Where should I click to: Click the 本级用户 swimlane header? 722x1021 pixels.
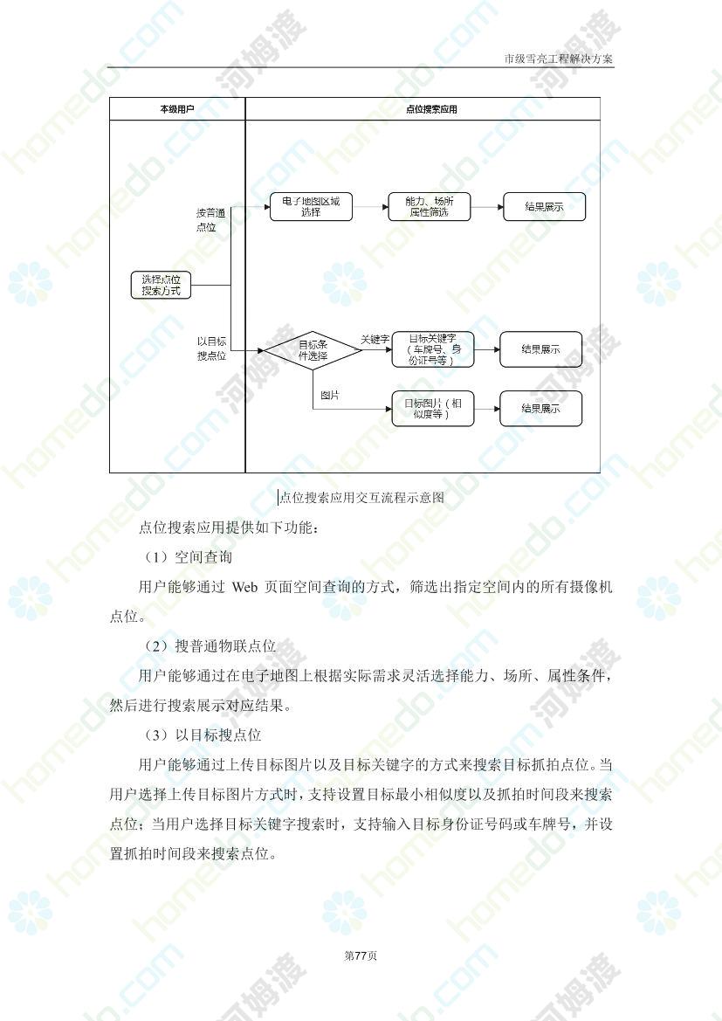(177, 109)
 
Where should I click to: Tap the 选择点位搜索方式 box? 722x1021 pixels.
(161, 286)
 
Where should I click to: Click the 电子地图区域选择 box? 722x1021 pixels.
(311, 206)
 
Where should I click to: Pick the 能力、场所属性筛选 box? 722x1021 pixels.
(429, 206)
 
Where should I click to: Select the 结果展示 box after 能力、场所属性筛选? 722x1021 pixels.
(544, 206)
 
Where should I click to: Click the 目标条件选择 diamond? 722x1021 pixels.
(313, 350)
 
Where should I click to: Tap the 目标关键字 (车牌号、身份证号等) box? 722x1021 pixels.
(432, 349)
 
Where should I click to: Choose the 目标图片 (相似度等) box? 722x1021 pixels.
(432, 409)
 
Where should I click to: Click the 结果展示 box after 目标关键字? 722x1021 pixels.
(540, 349)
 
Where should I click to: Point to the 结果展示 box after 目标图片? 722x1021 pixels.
(540, 409)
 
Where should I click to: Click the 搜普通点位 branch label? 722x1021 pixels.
(211, 220)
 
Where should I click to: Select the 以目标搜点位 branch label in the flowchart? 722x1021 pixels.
(211, 348)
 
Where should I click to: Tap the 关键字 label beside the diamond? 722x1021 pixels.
(375, 339)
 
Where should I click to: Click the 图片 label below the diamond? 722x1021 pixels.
(329, 396)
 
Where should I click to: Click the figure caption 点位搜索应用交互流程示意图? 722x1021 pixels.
(362, 498)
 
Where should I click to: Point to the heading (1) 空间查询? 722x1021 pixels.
(189, 557)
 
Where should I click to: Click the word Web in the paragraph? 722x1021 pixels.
(244, 587)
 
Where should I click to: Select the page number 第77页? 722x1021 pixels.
(361, 955)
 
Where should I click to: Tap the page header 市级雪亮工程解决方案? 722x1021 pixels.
(559, 59)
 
